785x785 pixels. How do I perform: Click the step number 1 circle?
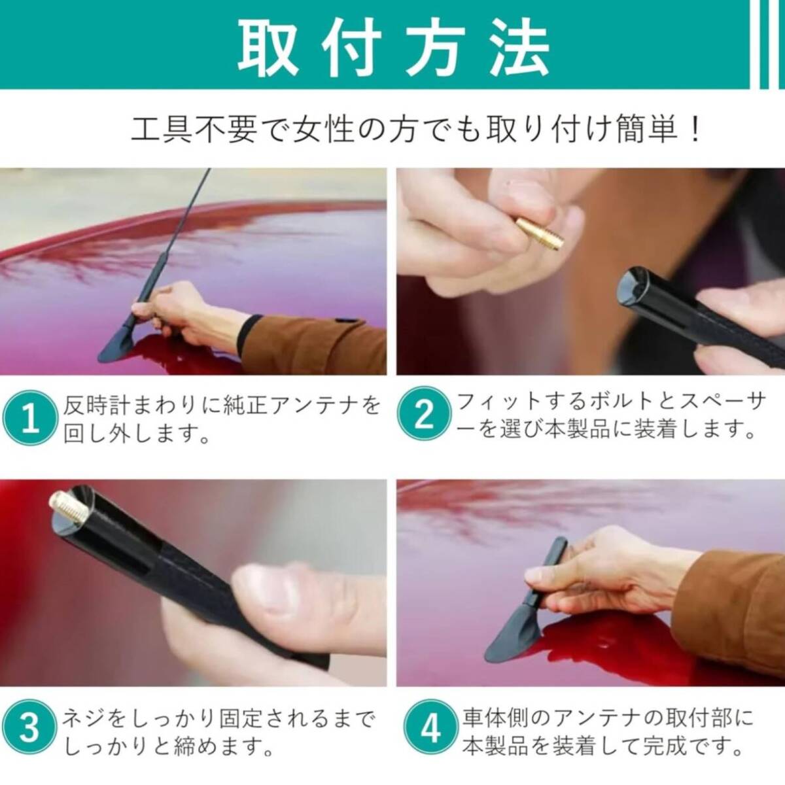coord(29,417)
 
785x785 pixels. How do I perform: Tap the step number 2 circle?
coord(424,415)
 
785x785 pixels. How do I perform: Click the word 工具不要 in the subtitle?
coord(194,130)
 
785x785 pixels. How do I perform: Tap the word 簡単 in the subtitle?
coord(646,130)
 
